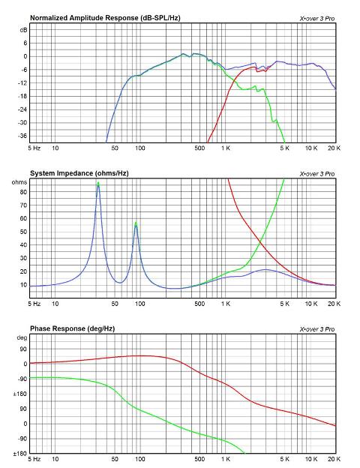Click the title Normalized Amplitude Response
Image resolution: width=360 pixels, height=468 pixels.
pos(85,18)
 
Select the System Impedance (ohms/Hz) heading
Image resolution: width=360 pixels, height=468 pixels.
pos(79,173)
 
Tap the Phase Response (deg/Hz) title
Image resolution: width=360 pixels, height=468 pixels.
pos(72,328)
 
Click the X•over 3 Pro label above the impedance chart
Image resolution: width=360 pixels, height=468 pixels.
pos(317,174)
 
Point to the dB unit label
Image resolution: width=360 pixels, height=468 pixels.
pos(23,30)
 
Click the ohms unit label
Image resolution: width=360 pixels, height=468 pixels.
pos(19,182)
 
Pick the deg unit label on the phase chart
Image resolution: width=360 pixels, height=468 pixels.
pos(22,337)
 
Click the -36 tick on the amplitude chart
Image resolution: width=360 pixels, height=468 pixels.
pos(22,136)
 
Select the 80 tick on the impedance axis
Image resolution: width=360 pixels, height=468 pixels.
pos(23,192)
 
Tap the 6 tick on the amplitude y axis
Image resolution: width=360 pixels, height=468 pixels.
pos(25,43)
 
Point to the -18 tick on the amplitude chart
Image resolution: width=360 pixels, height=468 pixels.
pos(22,96)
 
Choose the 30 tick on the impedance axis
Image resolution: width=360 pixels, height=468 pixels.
pos(23,258)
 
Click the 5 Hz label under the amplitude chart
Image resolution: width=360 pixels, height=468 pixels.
pos(34,148)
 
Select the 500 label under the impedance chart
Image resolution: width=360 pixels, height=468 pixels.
pos(199,304)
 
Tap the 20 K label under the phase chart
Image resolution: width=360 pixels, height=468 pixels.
pos(334,459)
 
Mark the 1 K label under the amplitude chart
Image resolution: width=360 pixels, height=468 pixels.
pos(225,148)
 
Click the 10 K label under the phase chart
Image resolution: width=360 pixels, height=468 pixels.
pos(311,459)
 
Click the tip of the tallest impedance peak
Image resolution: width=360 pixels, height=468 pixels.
pos(98,182)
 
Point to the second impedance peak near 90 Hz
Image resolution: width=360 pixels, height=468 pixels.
pos(136,222)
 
